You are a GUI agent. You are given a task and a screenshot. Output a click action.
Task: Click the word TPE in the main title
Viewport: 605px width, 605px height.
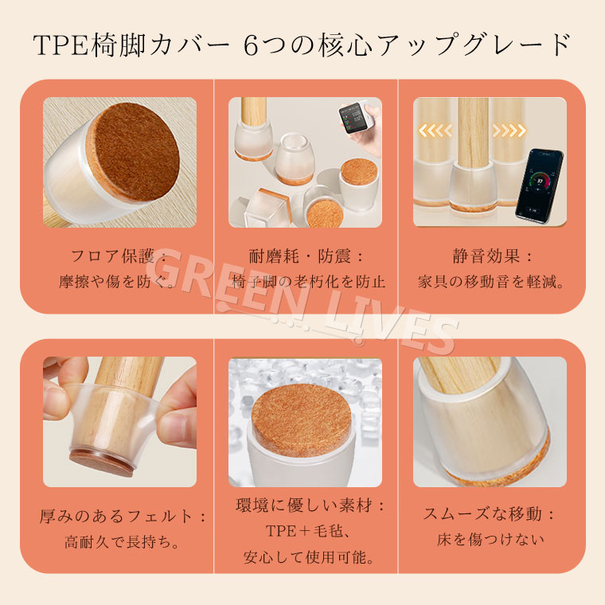[x=62, y=45]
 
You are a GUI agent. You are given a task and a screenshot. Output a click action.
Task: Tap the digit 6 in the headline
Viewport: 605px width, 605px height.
[x=252, y=46]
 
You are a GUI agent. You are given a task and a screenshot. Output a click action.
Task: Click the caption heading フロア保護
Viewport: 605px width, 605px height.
[x=112, y=256]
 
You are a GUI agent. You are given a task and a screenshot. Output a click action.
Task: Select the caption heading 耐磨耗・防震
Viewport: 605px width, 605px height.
[x=300, y=256]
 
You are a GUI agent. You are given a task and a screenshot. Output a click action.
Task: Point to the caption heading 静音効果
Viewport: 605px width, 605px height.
[x=486, y=256]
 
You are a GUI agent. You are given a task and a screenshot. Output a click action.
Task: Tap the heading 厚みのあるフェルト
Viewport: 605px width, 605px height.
[x=115, y=517]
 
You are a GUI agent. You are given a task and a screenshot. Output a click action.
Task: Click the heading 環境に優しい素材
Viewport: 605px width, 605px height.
[x=304, y=505]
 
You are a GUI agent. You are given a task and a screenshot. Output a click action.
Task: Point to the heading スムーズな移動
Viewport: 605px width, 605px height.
[x=482, y=514]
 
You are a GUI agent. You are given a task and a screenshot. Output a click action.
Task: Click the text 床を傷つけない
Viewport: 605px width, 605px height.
[x=490, y=540]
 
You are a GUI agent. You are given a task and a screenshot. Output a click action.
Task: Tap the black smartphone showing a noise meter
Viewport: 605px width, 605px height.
[x=540, y=186]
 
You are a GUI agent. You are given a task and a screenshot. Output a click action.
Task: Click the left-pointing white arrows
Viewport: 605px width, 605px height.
[x=435, y=131]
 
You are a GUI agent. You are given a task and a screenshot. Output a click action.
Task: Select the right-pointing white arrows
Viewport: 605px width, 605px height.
[x=509, y=131]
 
